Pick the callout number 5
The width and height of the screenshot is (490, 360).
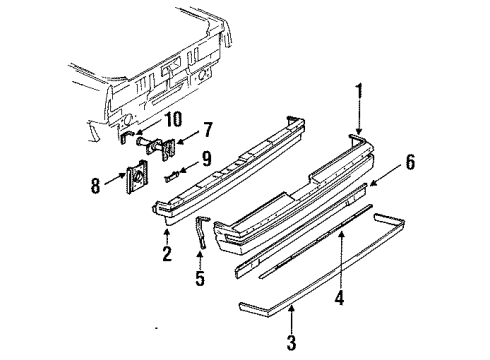click(199, 279)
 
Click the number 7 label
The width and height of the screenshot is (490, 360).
click(207, 130)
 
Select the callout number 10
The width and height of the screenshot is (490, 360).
click(174, 119)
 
